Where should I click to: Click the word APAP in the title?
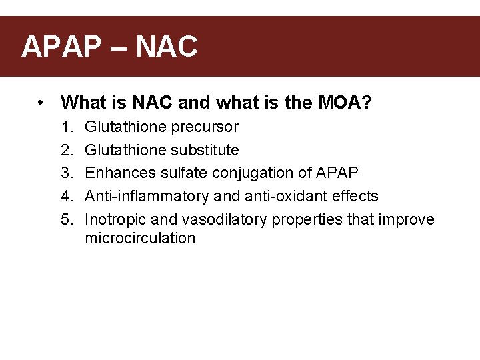coord(60,47)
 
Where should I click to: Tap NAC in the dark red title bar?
coord(167,47)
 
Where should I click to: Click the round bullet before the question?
coord(41,103)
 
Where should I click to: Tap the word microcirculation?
coord(140,239)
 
